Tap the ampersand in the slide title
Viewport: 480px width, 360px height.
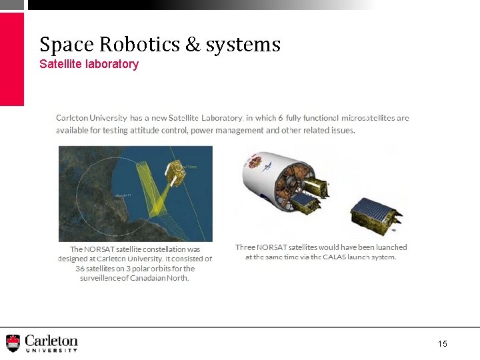pos(193,45)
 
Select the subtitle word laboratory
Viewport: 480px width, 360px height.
pos(107,65)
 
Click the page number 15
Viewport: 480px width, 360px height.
pos(443,343)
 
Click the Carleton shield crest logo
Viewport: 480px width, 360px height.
pos(13,343)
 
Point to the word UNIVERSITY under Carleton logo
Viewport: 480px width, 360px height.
pos(51,349)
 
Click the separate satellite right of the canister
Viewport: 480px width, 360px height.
pos(375,213)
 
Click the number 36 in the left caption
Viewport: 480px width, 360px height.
pos(81,269)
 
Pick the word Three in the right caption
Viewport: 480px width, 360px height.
pos(246,247)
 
